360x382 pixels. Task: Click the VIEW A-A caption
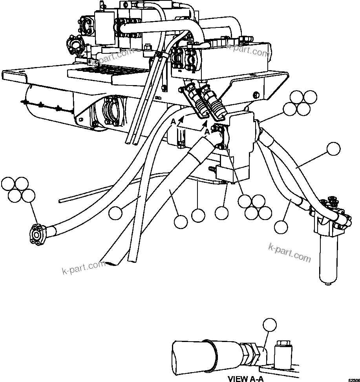point(245,378)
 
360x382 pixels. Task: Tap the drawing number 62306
point(352,380)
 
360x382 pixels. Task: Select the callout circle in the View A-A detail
point(270,325)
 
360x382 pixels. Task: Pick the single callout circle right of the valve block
point(334,149)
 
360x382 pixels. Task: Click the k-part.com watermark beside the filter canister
point(289,253)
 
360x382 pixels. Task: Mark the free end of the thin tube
point(60,200)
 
